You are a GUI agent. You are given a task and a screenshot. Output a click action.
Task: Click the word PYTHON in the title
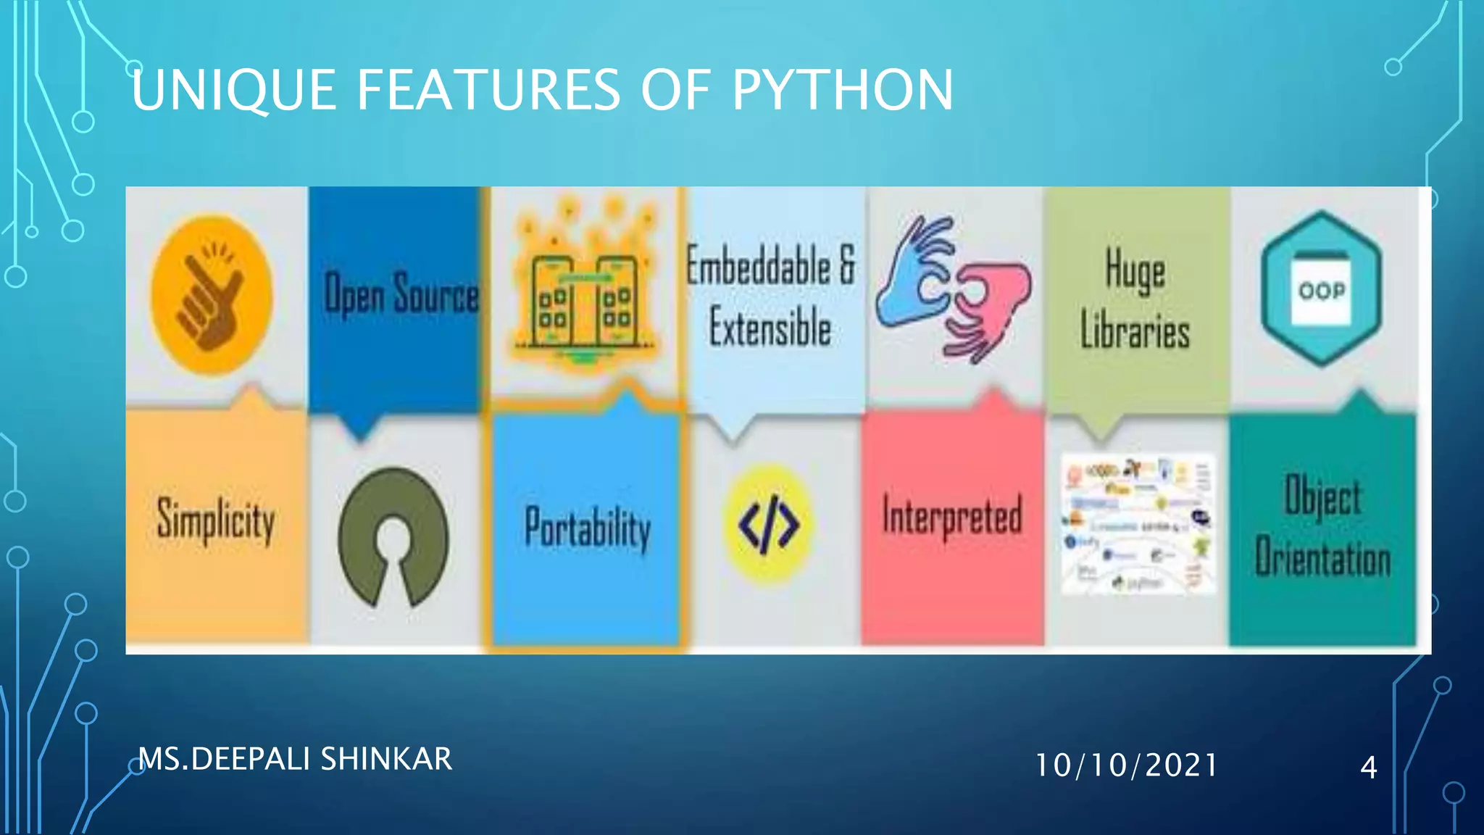tap(842, 90)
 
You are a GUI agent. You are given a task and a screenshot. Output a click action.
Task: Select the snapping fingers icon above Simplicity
tap(211, 295)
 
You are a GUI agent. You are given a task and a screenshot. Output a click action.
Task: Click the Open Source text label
tap(401, 294)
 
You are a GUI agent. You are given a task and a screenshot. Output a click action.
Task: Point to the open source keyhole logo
tap(393, 537)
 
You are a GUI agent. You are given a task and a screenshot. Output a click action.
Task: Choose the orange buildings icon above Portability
tap(585, 290)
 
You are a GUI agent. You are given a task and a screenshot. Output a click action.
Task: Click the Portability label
tap(588, 528)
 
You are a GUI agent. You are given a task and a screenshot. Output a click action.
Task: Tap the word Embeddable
tap(758, 266)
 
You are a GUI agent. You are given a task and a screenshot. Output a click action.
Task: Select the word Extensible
tap(770, 328)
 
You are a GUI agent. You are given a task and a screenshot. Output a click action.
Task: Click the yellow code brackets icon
tap(769, 524)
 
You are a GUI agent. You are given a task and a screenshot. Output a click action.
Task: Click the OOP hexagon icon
tap(1322, 289)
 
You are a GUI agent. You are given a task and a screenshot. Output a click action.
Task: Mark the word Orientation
tap(1323, 559)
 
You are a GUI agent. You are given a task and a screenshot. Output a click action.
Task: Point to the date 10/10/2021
tap(1126, 765)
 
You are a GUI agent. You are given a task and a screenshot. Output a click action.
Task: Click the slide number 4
tap(1368, 767)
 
